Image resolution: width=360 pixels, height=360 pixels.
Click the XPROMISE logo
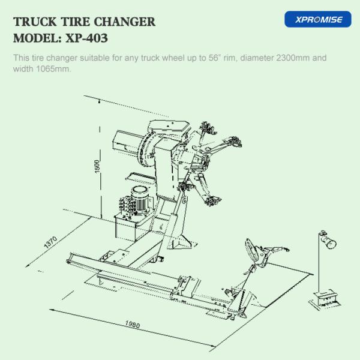pyautogui.click(x=318, y=19)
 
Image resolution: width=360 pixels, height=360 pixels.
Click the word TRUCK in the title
pyautogui.click(x=35, y=22)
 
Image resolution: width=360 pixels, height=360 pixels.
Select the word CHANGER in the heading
pyautogui.click(x=125, y=22)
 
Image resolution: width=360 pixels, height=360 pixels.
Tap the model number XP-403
pyautogui.click(x=86, y=38)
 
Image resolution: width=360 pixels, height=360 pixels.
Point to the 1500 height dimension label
pyautogui.click(x=97, y=166)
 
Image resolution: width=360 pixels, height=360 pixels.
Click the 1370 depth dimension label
pyautogui.click(x=50, y=242)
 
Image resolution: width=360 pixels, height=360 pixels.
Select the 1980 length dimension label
pyautogui.click(x=133, y=324)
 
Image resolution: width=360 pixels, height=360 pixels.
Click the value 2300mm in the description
pyautogui.click(x=293, y=58)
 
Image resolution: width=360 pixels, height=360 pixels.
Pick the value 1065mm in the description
pyautogui.click(x=53, y=68)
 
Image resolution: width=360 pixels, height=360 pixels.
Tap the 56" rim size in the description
pyautogui.click(x=215, y=58)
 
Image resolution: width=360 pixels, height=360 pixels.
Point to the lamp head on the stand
pyautogui.click(x=329, y=241)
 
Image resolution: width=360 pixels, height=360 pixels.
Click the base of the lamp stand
pyautogui.click(x=324, y=299)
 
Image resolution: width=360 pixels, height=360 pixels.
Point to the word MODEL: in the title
pyautogui.click(x=38, y=38)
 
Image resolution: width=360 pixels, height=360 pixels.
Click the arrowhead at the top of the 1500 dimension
pyautogui.click(x=99, y=101)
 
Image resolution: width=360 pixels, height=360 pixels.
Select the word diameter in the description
pyautogui.click(x=257, y=58)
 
